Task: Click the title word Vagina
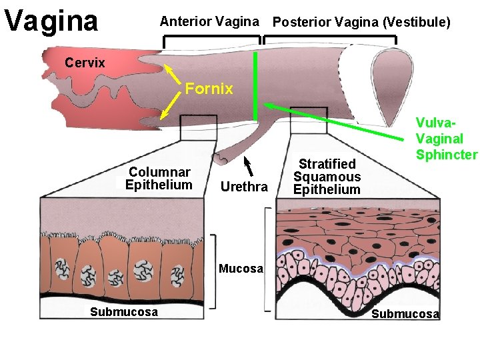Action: [51, 21]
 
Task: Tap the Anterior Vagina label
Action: [209, 22]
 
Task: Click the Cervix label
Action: [85, 63]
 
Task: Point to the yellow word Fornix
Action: [209, 89]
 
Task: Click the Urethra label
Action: [243, 187]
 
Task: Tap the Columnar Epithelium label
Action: [159, 179]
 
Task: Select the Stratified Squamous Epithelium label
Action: [327, 177]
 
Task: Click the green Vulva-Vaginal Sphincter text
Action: [446, 139]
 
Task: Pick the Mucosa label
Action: [241, 269]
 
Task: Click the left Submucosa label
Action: [125, 312]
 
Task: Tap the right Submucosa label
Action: [405, 314]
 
